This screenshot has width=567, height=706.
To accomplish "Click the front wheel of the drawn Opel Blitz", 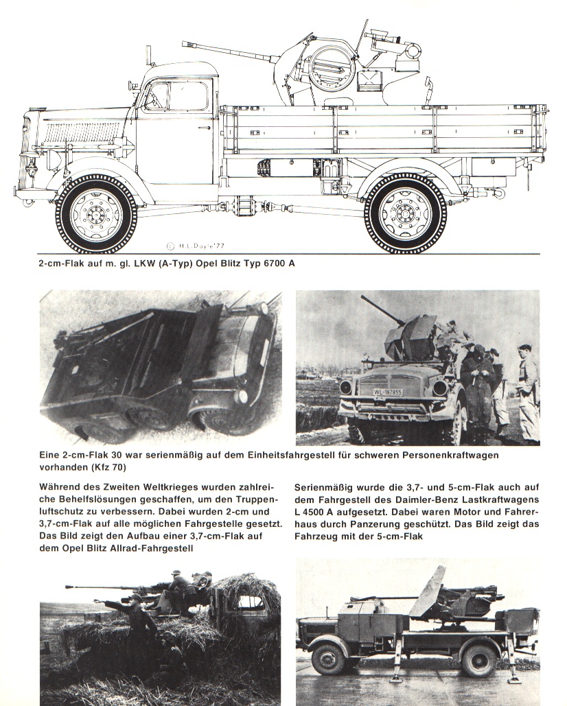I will tap(96, 213).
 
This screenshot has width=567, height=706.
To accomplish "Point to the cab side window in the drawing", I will tap(176, 96).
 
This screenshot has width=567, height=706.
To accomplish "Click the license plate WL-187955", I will tap(388, 392).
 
